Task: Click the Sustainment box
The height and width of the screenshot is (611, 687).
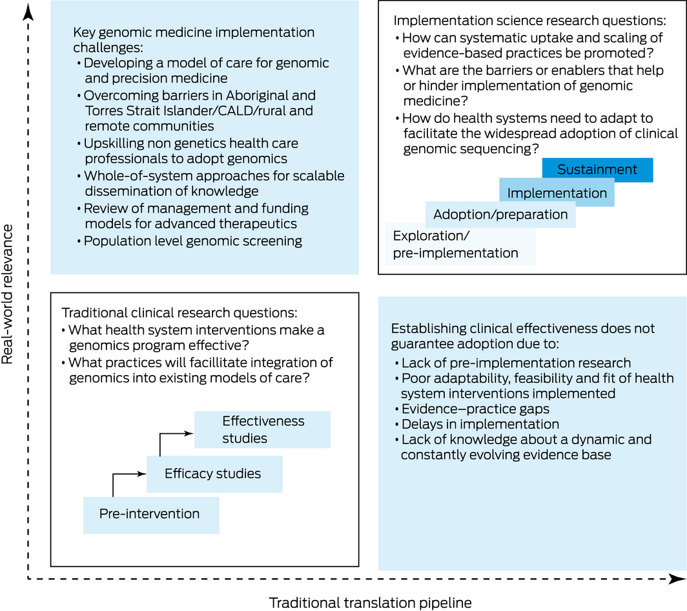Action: pos(597,170)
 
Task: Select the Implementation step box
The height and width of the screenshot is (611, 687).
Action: pos(557,193)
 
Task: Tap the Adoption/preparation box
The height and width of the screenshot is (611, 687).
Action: pos(500,215)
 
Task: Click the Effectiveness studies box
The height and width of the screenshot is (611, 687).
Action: pos(263,429)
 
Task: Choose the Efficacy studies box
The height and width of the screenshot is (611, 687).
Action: pos(213,473)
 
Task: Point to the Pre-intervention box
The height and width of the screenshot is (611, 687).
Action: pos(150,514)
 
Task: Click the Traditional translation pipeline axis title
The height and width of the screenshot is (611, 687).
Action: pos(370,603)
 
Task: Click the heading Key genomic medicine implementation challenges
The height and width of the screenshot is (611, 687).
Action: pos(194,39)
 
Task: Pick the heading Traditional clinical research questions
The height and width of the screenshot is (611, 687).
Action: pos(179,313)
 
